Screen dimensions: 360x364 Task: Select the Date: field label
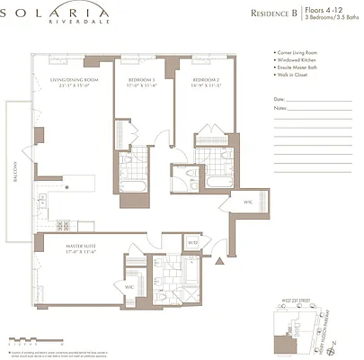(x=280, y=99)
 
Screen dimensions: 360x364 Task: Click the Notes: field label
(x=280, y=108)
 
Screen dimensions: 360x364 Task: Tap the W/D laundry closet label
(x=192, y=243)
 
